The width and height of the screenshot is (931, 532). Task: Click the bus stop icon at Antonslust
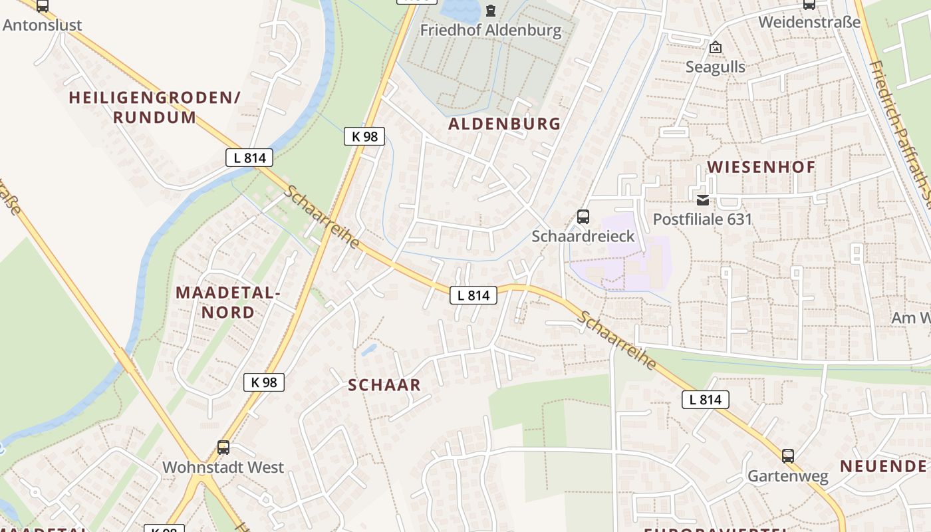click(x=43, y=6)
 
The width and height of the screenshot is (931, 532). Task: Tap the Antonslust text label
click(x=43, y=25)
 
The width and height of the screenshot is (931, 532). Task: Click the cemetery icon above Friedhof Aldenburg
click(x=491, y=11)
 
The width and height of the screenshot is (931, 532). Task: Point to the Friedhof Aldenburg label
click(x=491, y=31)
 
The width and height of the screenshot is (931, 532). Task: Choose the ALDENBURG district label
click(x=504, y=124)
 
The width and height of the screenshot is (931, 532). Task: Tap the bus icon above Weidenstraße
click(x=809, y=4)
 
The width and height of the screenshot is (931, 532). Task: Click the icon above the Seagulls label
click(x=716, y=47)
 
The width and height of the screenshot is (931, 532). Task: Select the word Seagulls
click(x=716, y=67)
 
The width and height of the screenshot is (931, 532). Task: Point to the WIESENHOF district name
click(x=761, y=167)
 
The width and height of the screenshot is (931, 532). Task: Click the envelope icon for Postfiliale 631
click(x=702, y=200)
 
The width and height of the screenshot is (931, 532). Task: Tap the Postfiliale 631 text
click(x=702, y=219)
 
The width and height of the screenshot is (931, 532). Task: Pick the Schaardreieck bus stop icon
click(x=583, y=217)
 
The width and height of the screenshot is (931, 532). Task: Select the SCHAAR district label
click(x=384, y=385)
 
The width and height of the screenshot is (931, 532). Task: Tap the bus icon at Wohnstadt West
click(x=223, y=448)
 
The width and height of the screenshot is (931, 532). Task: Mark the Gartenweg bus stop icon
click(x=788, y=456)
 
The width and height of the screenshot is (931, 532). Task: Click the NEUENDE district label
click(x=883, y=466)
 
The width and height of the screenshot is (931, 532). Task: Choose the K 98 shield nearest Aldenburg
click(x=364, y=136)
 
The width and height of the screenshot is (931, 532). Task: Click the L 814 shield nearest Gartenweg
click(x=705, y=400)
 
